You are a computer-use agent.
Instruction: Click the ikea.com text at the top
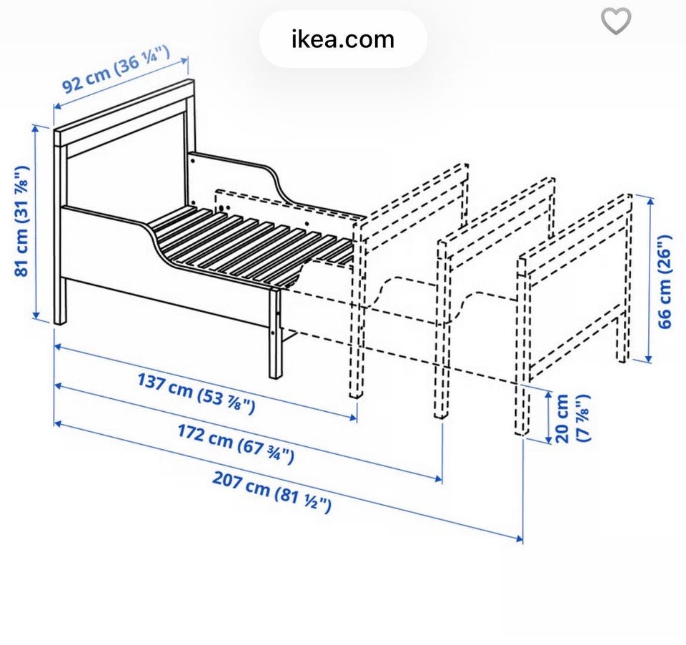tap(343, 39)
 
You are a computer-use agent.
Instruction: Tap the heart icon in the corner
tap(616, 21)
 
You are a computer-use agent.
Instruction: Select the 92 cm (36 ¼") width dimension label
tap(116, 69)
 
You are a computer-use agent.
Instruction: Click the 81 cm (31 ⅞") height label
tap(22, 221)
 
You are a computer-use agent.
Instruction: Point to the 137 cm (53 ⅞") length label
tap(196, 393)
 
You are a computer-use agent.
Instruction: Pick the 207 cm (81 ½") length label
tap(272, 492)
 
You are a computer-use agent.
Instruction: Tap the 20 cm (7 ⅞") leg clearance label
tap(572, 419)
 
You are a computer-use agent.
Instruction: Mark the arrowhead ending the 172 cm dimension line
tap(439, 478)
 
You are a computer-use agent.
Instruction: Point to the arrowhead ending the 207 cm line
tap(520, 538)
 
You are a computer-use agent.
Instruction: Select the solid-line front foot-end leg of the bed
tap(275, 333)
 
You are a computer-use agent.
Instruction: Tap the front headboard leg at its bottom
tap(60, 319)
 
